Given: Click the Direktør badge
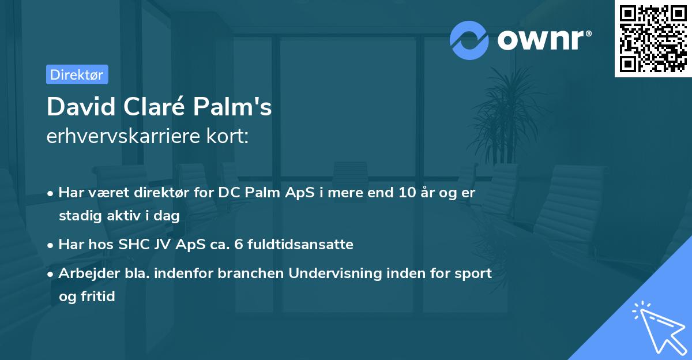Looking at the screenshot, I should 77,74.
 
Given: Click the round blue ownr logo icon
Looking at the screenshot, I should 469,40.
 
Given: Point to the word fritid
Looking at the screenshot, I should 99,297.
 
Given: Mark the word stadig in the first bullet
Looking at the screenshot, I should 79,216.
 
